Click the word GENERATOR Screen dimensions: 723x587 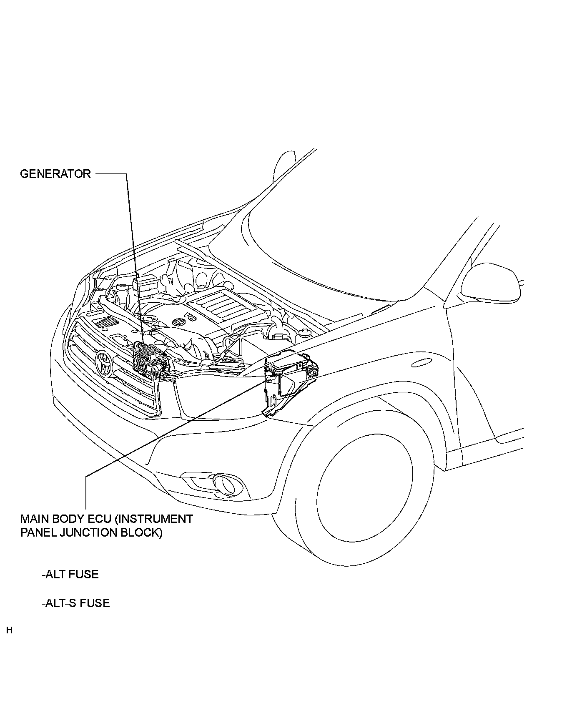click(x=55, y=174)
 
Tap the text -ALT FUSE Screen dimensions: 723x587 click(x=70, y=574)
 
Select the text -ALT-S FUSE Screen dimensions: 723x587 click(x=75, y=603)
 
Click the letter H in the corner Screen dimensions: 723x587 click(x=9, y=630)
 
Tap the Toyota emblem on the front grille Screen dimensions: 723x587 click(x=104, y=363)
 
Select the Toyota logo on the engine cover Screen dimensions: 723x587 click(x=178, y=322)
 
